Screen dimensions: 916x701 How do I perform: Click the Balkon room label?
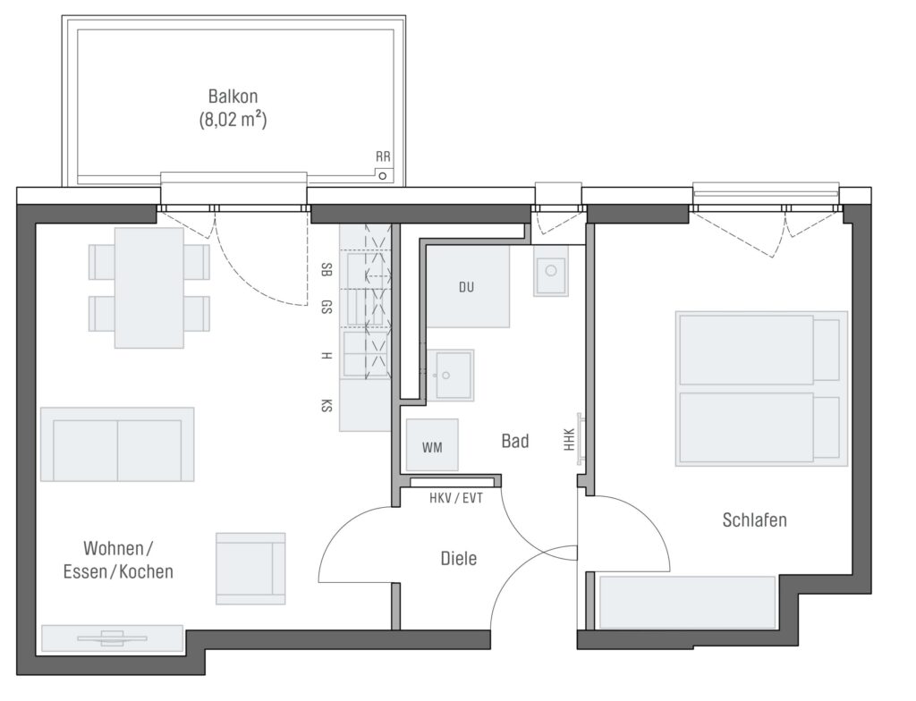[233, 96]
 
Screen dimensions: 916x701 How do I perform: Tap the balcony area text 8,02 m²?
[233, 120]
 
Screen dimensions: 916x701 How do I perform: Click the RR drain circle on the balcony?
[383, 175]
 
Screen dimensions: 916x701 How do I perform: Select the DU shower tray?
[467, 286]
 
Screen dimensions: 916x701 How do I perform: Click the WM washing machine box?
[432, 445]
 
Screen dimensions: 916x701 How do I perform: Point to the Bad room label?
[515, 441]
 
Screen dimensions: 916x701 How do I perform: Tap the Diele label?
[459, 559]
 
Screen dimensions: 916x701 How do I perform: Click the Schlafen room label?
[754, 519]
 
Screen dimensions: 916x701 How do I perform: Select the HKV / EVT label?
[456, 498]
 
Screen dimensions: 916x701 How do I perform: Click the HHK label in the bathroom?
[570, 440]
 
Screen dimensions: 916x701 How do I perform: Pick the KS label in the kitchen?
[327, 405]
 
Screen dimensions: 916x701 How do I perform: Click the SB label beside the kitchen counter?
[327, 270]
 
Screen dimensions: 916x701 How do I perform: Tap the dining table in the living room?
[149, 288]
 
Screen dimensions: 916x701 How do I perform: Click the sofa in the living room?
[117, 444]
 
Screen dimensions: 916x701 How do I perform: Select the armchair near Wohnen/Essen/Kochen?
[250, 569]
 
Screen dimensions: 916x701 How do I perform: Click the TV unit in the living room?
[112, 638]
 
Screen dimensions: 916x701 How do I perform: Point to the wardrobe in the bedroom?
[688, 603]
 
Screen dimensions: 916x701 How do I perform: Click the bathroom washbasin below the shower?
[450, 375]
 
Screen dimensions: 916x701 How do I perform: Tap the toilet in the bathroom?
[550, 270]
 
